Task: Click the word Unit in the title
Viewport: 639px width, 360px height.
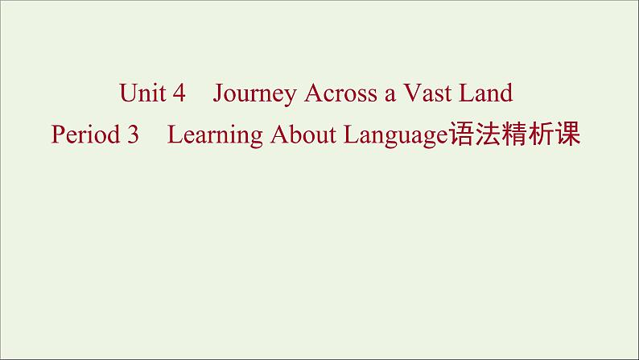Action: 142,93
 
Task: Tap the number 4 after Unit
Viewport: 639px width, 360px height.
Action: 179,93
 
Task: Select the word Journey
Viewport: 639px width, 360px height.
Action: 254,94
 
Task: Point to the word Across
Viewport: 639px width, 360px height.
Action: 340,93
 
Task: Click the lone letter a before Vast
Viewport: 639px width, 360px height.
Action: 390,96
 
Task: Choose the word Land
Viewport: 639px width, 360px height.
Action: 486,93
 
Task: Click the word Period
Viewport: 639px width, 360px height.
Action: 85,134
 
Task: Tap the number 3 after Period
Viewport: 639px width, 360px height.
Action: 133,134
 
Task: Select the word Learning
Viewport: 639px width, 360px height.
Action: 215,136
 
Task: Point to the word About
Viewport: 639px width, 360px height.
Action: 303,134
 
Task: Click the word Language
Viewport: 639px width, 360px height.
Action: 396,136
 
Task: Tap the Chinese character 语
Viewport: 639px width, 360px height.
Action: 462,134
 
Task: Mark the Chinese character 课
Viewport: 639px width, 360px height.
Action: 567,134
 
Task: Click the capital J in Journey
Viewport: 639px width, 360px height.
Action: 218,93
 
